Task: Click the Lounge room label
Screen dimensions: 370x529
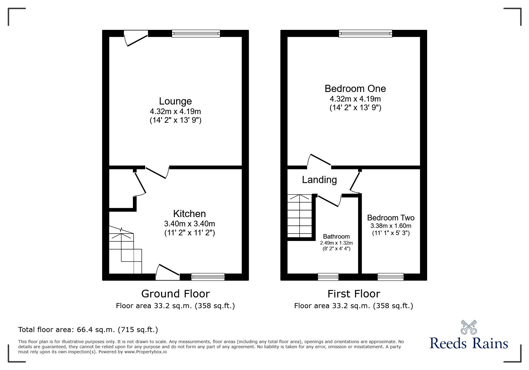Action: pyautogui.click(x=175, y=101)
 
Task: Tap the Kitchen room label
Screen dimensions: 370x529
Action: pyautogui.click(x=189, y=214)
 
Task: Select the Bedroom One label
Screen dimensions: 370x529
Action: pyautogui.click(x=355, y=89)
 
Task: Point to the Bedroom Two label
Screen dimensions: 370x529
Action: pyautogui.click(x=391, y=218)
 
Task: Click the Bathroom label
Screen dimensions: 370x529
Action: pyautogui.click(x=336, y=237)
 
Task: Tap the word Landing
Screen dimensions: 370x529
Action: pyautogui.click(x=319, y=180)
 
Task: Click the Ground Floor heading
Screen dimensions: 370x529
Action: pyautogui.click(x=175, y=294)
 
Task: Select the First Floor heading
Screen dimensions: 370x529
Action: pyautogui.click(x=354, y=294)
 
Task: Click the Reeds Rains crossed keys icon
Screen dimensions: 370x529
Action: pyautogui.click(x=469, y=328)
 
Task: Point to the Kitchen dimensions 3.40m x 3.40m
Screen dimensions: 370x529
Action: pyautogui.click(x=189, y=224)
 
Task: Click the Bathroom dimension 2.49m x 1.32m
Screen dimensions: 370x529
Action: pyautogui.click(x=336, y=243)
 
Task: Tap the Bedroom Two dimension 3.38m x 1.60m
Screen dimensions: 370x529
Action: pyautogui.click(x=391, y=226)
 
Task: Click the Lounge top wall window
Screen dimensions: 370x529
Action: pyautogui.click(x=196, y=33)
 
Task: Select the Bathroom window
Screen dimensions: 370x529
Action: pyautogui.click(x=328, y=277)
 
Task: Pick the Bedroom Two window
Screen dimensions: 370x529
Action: pyautogui.click(x=390, y=277)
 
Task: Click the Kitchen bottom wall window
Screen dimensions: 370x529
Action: pyautogui.click(x=208, y=277)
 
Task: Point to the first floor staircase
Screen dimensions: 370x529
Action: pyautogui.click(x=299, y=216)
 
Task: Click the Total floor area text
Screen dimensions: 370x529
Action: pyautogui.click(x=88, y=330)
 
